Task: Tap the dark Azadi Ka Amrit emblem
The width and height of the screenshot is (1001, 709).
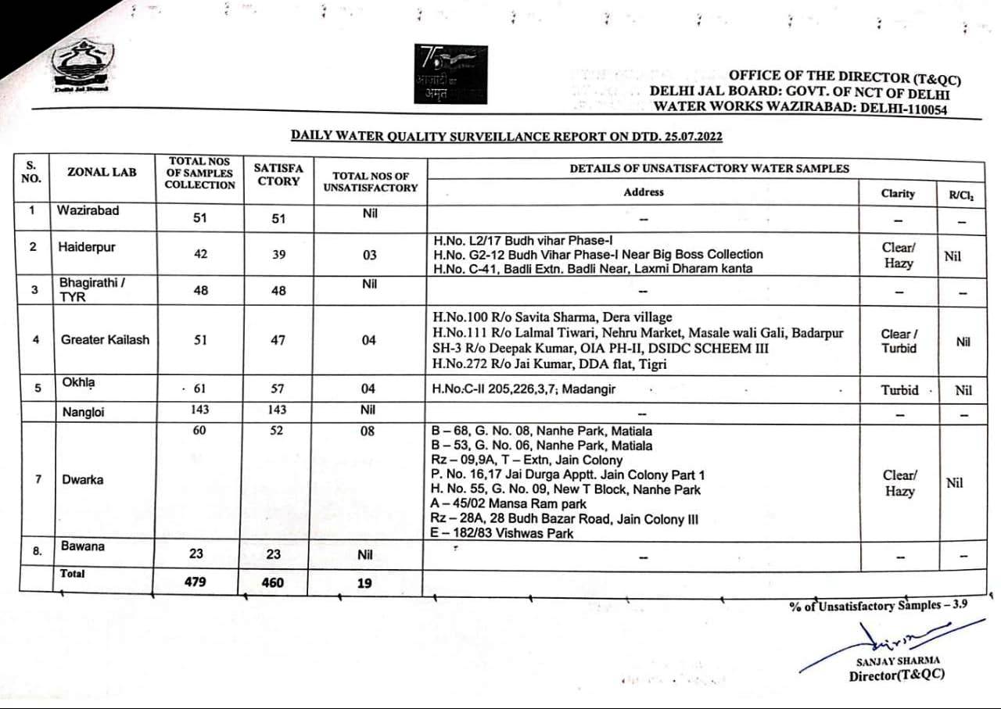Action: (450, 73)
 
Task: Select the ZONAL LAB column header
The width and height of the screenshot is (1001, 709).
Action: (102, 172)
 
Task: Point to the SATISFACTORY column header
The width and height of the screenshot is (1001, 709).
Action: (278, 174)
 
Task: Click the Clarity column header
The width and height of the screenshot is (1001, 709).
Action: (898, 193)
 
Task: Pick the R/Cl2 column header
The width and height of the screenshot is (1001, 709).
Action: (961, 194)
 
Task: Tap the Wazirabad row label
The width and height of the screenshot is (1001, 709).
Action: (88, 210)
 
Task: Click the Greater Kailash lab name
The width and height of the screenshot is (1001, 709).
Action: (105, 340)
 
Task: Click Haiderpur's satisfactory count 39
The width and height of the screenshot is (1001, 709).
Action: (278, 255)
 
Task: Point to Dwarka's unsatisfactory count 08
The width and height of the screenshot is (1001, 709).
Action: (368, 431)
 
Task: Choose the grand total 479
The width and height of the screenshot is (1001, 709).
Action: (196, 582)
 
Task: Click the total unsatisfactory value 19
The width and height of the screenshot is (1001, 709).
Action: (364, 582)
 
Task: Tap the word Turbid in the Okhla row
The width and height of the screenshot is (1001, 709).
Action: (899, 390)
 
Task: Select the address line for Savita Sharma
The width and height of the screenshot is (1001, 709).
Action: (552, 317)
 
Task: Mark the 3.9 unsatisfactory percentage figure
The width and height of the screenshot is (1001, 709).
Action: (960, 604)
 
